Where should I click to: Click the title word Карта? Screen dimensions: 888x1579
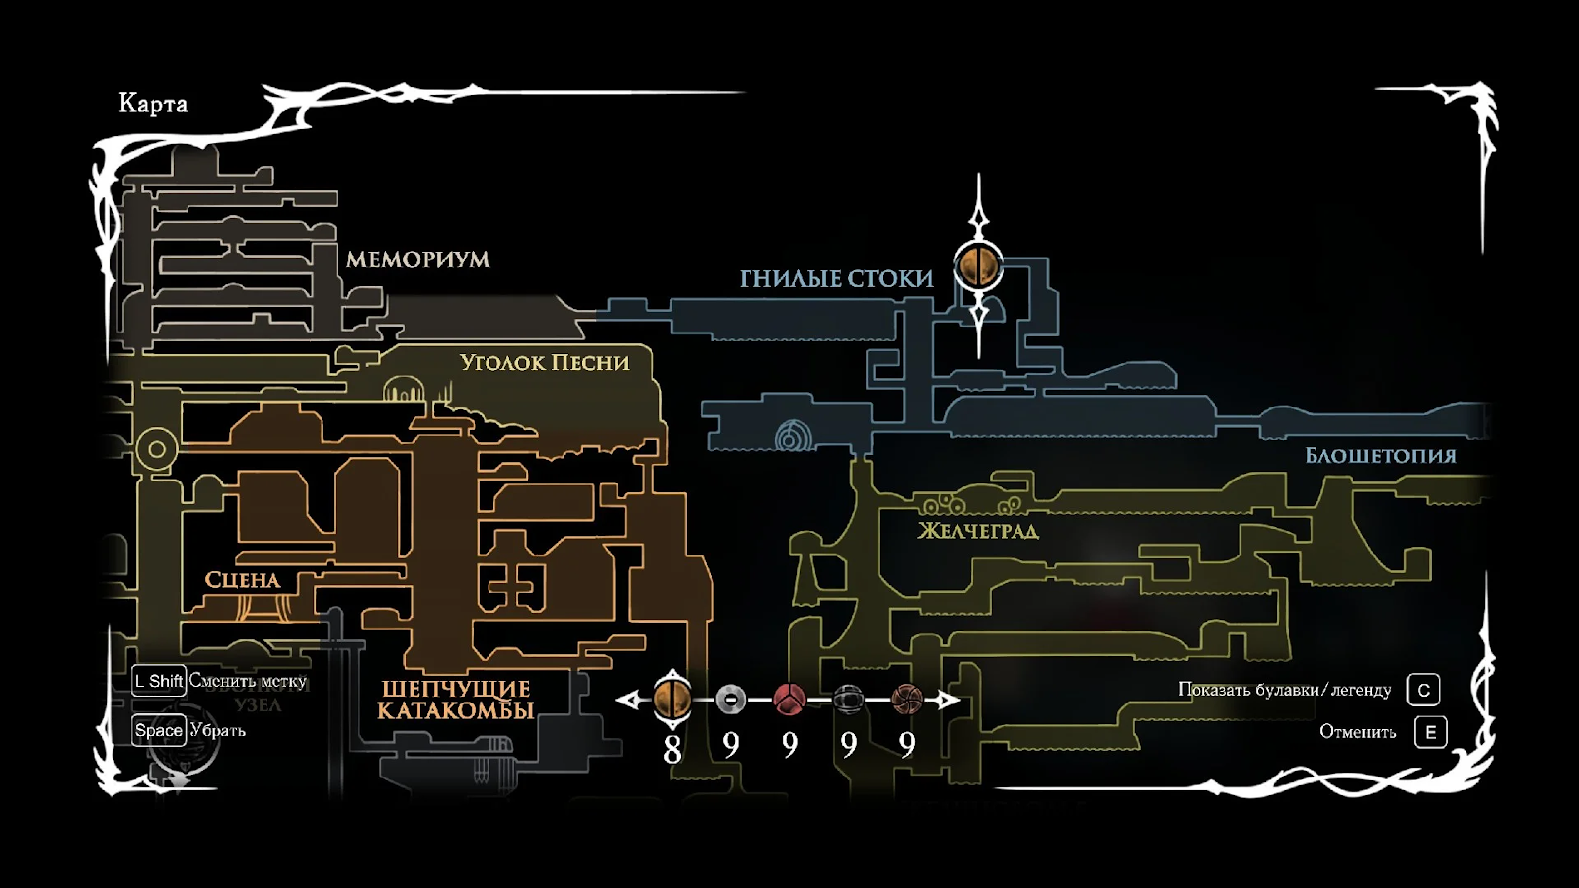[153, 104]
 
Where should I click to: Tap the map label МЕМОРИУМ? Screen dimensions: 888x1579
[417, 259]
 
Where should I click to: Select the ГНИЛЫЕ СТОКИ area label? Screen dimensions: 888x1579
[836, 279]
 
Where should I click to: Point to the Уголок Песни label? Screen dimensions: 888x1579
[544, 363]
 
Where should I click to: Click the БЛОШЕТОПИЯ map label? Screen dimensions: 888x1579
[1380, 456]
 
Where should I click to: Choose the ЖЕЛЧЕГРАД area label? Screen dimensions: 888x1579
[977, 531]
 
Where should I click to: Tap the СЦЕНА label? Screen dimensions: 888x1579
[243, 580]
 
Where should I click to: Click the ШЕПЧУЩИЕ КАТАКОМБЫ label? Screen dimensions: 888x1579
[456, 700]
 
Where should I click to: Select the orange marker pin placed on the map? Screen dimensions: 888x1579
[979, 265]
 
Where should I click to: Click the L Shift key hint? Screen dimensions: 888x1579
[159, 681]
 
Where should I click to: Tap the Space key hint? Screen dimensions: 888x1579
[159, 731]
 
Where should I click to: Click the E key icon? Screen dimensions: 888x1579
[1430, 732]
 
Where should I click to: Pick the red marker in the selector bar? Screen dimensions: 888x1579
[789, 700]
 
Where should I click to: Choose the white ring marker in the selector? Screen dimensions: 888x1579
[730, 700]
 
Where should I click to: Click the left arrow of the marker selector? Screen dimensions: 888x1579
[627, 701]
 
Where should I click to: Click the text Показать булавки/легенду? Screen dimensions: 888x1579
[1285, 690]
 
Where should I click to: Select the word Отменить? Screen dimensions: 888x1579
[1358, 732]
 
